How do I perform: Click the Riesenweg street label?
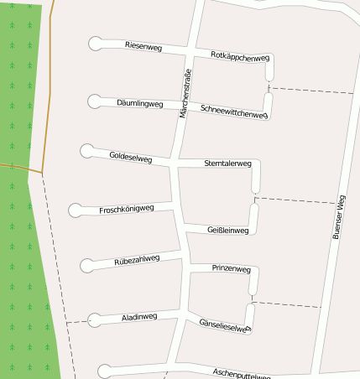(x=143, y=46)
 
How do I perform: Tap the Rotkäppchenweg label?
(x=240, y=56)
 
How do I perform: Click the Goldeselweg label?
(x=131, y=157)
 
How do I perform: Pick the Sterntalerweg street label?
(x=227, y=164)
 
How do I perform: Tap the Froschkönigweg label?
(x=126, y=209)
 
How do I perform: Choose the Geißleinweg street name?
(x=227, y=230)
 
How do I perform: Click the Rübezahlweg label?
(x=137, y=261)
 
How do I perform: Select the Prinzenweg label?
(x=231, y=269)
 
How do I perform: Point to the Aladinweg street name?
(x=139, y=317)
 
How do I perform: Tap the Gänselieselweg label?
(x=224, y=325)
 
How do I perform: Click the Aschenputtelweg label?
(x=242, y=372)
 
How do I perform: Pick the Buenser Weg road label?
(x=338, y=218)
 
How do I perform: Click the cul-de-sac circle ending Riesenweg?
(x=96, y=44)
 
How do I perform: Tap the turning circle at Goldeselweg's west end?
(x=86, y=151)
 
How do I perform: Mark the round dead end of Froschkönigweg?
(x=76, y=210)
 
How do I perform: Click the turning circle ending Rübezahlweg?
(x=88, y=266)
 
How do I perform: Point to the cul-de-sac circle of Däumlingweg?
(x=95, y=102)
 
